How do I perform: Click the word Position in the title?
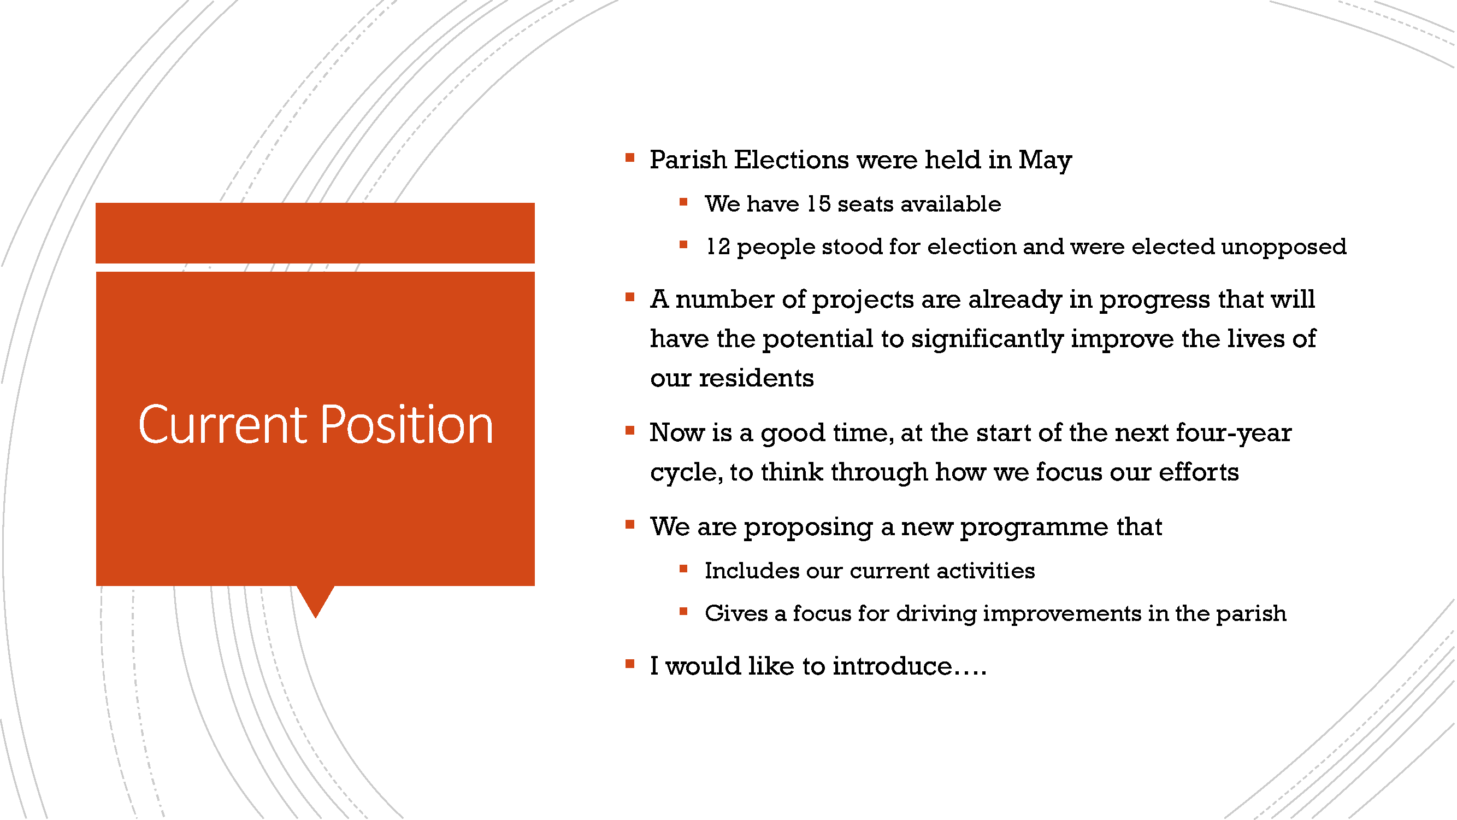coord(407,424)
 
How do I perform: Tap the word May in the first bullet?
coord(1045,161)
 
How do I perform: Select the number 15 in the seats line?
coord(818,204)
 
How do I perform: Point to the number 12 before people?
coord(718,247)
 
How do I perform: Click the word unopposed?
coord(1283,247)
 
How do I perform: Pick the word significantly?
coord(987,339)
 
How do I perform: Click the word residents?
coord(756,378)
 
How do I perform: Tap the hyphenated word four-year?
coord(1234,434)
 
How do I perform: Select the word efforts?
coord(1199,471)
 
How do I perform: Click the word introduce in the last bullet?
coord(893,666)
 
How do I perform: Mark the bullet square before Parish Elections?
coord(629,158)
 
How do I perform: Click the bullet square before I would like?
coord(629,664)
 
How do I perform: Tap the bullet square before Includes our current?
coord(683,569)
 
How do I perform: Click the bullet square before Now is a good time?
coord(629,431)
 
